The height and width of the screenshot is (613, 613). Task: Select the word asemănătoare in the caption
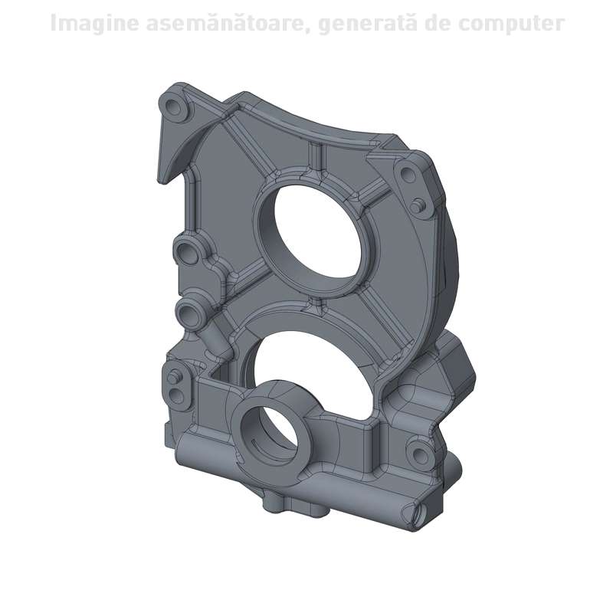(228, 23)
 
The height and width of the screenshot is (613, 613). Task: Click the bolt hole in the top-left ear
(172, 106)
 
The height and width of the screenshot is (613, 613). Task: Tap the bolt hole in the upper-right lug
(408, 172)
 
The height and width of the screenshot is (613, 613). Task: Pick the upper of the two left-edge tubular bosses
(186, 253)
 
